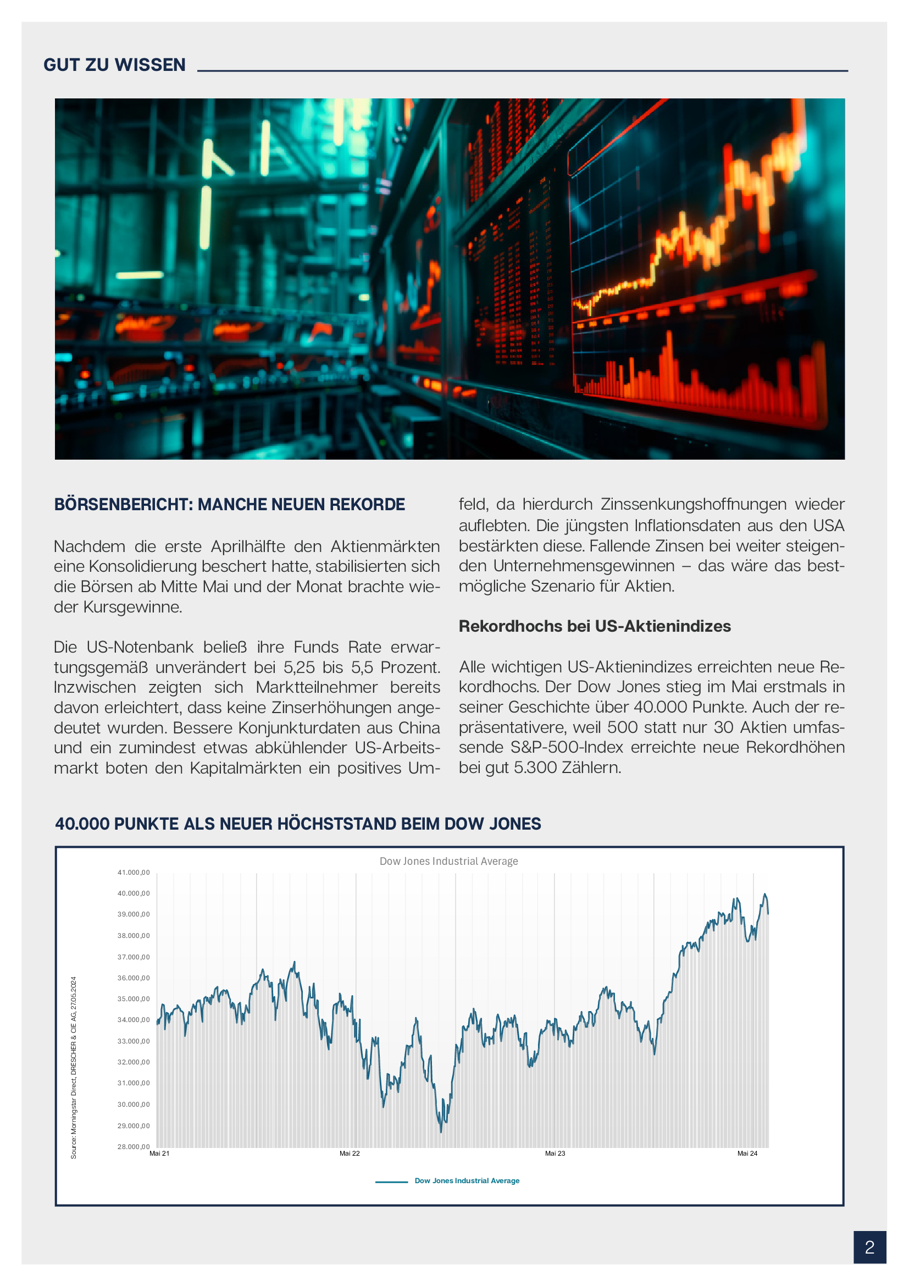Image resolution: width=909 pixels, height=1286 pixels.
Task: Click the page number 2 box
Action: [869, 1247]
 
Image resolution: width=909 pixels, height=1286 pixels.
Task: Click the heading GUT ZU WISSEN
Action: [114, 65]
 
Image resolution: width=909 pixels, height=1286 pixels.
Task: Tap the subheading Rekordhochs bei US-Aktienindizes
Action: [595, 626]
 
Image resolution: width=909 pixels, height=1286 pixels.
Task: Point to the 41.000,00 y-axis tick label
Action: [133, 872]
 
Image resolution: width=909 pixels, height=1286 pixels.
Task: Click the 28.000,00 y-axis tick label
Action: [133, 1146]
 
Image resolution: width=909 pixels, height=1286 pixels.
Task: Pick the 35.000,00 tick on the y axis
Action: [133, 998]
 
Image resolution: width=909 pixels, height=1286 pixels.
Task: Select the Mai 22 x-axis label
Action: [350, 1153]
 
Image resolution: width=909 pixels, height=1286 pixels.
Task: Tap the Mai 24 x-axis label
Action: [747, 1153]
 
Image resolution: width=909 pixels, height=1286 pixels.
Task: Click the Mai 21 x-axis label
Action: [159, 1153]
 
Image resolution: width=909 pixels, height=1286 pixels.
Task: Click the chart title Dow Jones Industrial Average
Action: [448, 861]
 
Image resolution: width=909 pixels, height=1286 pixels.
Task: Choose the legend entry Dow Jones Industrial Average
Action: [466, 1180]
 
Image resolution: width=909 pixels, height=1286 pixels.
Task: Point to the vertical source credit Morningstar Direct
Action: [73, 1114]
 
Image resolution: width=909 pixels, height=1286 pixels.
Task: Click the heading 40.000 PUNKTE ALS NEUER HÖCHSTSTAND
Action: [298, 824]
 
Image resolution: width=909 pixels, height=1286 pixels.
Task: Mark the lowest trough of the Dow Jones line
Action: [441, 1132]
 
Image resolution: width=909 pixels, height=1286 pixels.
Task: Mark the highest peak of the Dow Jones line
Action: [764, 895]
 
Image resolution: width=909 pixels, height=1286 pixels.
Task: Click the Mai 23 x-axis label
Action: [555, 1153]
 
